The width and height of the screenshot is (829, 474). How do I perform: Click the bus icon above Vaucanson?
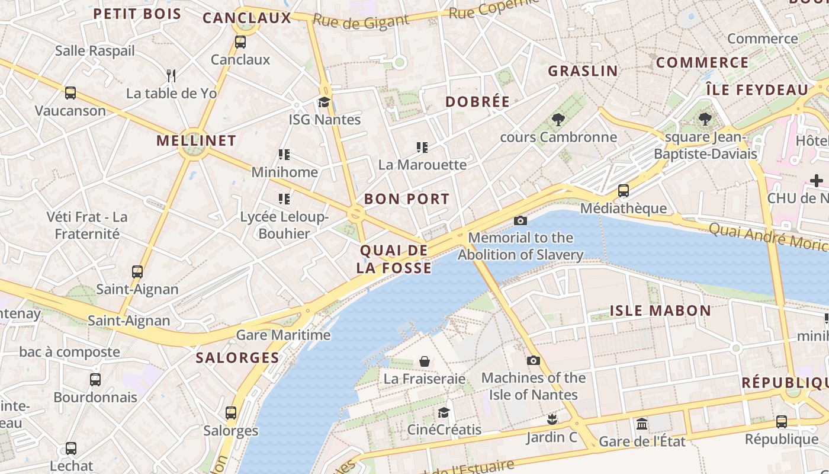click(x=70, y=93)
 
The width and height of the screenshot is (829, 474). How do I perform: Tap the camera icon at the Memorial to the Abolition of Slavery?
click(x=520, y=221)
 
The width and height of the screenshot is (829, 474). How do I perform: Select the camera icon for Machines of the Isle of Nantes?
click(x=534, y=360)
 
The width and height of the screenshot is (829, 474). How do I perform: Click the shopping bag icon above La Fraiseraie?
click(x=425, y=361)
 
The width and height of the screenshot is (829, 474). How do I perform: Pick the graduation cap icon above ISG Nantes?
click(x=324, y=102)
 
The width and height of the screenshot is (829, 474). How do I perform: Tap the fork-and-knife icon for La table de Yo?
click(x=171, y=75)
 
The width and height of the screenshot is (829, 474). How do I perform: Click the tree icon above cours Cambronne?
click(x=558, y=120)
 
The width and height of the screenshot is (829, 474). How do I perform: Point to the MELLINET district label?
click(x=196, y=140)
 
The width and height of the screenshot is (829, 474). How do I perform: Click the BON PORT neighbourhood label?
click(x=407, y=199)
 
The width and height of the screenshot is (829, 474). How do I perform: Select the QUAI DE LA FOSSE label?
click(x=394, y=260)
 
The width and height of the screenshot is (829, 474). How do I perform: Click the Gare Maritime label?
click(x=283, y=335)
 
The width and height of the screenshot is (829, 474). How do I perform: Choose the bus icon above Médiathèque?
click(x=624, y=191)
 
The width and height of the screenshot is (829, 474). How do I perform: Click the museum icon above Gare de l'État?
click(x=642, y=424)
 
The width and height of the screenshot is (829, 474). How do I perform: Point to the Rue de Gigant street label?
click(x=361, y=21)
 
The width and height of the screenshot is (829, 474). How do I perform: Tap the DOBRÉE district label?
click(x=477, y=102)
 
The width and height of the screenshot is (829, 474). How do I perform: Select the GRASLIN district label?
click(x=583, y=71)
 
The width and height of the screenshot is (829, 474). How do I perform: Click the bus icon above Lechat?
click(x=71, y=449)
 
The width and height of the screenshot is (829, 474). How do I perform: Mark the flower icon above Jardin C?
click(x=552, y=420)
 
